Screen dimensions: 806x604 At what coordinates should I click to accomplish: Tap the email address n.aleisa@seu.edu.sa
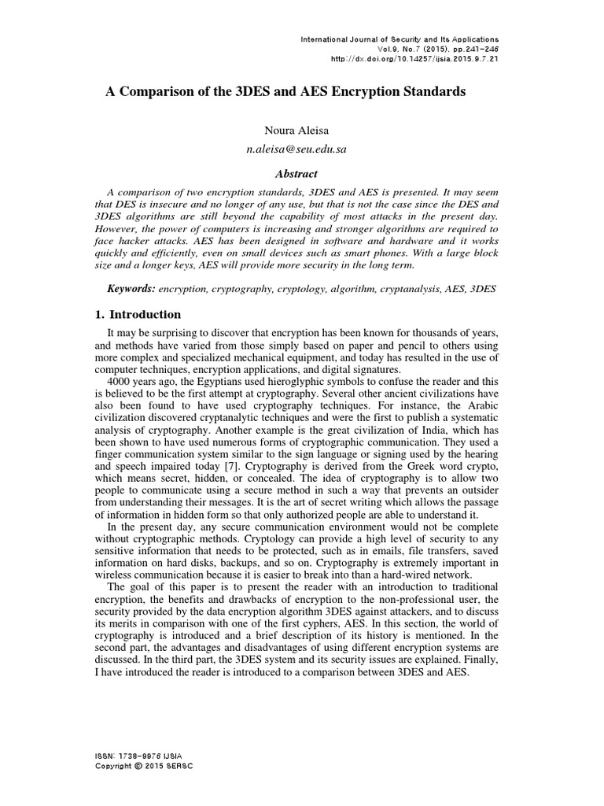pyautogui.click(x=302, y=147)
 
